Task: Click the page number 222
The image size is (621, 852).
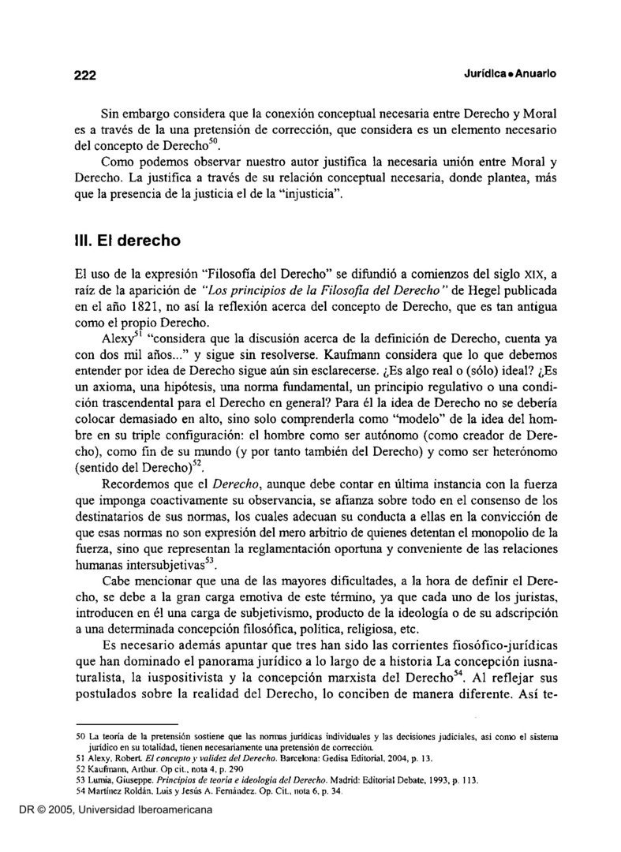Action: coord(80,75)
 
